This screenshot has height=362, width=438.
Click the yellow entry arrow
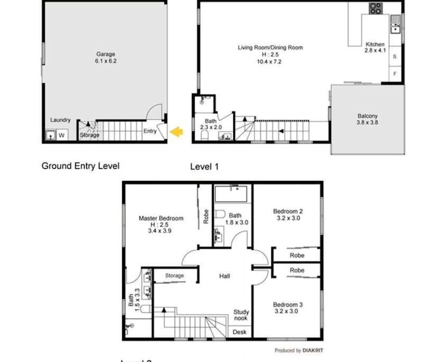176,131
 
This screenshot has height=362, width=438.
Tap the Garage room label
105,54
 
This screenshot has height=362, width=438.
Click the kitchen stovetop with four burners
376,8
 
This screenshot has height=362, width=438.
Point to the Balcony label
367,116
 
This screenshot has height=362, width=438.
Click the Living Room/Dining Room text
270,48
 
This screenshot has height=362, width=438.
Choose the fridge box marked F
394,74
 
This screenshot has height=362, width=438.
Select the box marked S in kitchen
394,56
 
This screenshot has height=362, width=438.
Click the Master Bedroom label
161,218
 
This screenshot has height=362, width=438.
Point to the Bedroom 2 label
288,211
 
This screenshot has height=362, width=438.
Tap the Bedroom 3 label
288,305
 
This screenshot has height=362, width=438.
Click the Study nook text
241,315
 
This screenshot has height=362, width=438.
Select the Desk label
239,332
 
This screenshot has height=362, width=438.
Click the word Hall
224,276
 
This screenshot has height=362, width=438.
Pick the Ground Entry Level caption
80,166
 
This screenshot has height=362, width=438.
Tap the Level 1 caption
204,167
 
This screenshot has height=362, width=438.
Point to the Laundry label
60,120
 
